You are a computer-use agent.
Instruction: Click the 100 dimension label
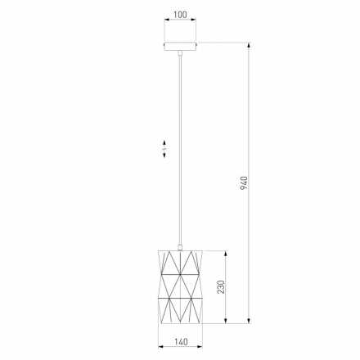(180, 15)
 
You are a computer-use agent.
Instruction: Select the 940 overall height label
(244, 183)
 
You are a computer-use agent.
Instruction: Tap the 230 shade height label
(221, 287)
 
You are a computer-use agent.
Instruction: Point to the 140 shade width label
(181, 342)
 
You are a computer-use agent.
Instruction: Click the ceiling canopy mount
(180, 46)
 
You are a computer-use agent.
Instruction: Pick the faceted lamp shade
(180, 286)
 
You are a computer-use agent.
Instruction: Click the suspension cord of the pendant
(180, 151)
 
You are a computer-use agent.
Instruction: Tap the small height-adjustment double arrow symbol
(164, 149)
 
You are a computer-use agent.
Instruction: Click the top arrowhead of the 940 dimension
(249, 46)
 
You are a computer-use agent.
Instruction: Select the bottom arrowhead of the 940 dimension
(249, 320)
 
